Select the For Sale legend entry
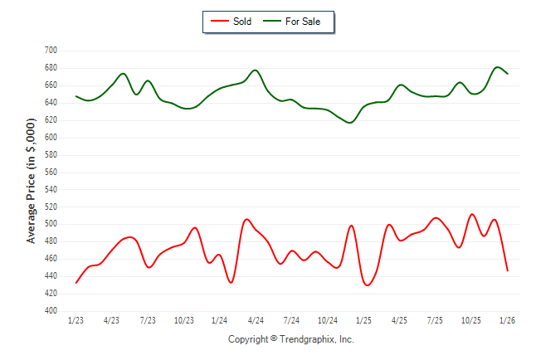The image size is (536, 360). coord(296,22)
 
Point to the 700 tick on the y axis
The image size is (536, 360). coord(51,51)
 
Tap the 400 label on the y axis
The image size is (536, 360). coord(51,311)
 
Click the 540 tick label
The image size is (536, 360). coord(51,189)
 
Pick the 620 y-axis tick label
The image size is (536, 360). coord(51,120)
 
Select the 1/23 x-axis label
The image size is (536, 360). coord(76,320)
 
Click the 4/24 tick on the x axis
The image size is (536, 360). coord(256,320)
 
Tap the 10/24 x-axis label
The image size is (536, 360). coord(328,320)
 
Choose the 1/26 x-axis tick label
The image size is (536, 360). coord(508,320)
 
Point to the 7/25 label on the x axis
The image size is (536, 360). coord(436,320)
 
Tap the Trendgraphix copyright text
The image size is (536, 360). coord(290,339)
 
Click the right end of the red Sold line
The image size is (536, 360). coord(508,270)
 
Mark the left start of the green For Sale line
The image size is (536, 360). coord(76,96)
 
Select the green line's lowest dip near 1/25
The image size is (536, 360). coord(350,123)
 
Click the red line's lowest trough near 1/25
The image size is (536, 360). coord(367,285)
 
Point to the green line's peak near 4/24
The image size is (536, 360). coord(255,70)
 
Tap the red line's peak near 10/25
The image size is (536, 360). coord(472,214)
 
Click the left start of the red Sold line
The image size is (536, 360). coord(76,283)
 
